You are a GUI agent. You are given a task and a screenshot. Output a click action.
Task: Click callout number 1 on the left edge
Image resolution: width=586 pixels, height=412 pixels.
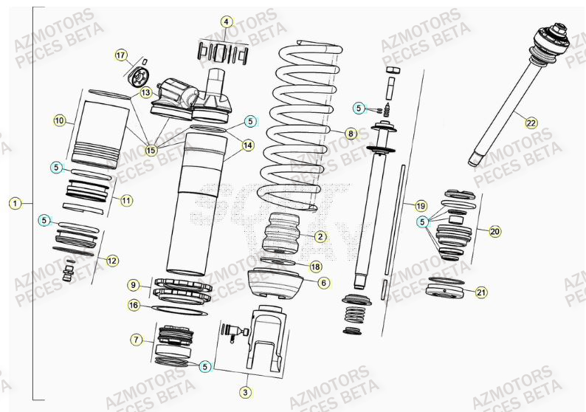14,202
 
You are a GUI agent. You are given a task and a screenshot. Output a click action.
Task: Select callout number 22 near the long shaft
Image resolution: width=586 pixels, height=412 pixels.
531,123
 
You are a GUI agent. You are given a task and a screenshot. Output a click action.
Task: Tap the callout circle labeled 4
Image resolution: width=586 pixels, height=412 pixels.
227,21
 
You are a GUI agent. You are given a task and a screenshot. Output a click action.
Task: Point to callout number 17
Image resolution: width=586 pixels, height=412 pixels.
121,55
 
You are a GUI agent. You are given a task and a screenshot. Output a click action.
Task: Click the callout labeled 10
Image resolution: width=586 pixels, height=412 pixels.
60,120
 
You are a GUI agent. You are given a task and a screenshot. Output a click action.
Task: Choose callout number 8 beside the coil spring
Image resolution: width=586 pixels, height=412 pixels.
351,134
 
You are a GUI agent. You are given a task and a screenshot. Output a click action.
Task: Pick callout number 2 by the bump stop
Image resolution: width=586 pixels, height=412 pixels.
320,236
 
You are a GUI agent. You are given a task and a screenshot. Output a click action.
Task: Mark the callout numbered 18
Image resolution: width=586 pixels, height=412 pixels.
314,267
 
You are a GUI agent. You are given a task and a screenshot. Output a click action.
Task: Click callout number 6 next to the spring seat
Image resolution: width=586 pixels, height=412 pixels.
323,283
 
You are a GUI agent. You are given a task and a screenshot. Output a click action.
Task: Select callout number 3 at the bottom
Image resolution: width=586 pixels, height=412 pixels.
246,391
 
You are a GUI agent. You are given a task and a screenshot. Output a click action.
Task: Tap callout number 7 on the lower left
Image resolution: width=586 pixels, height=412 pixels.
137,340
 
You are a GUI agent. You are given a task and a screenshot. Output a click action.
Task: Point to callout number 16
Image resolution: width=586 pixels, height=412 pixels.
133,304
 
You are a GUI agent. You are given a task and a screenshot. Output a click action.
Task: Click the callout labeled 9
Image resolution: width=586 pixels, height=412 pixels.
133,285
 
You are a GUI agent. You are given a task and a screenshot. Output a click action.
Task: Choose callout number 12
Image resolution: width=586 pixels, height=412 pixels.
111,260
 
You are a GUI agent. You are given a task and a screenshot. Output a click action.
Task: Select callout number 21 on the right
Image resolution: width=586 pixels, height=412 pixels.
480,292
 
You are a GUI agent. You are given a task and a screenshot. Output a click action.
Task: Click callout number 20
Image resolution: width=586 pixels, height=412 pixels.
494,231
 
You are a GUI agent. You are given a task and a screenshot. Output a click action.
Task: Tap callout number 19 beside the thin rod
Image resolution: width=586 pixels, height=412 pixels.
420,205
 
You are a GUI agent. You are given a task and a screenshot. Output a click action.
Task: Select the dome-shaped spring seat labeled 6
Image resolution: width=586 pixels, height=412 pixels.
277,283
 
